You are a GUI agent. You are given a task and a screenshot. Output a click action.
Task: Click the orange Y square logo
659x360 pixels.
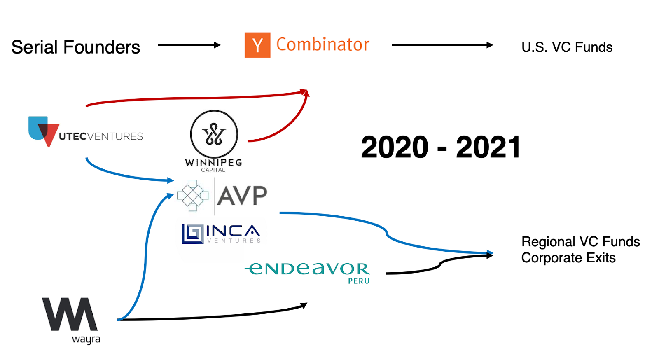[257, 45]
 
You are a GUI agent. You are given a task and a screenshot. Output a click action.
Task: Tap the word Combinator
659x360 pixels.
[323, 44]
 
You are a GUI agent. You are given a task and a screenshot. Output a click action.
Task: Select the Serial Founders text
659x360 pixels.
[76, 47]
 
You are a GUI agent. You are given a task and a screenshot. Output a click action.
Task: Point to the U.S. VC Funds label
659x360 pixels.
[567, 47]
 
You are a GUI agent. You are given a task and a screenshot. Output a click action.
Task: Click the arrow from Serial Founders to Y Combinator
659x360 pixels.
[189, 45]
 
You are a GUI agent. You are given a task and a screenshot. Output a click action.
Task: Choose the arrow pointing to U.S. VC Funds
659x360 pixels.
[442, 45]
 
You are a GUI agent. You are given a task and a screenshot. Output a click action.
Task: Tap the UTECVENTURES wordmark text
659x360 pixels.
[101, 136]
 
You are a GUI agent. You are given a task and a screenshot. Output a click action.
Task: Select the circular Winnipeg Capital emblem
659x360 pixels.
[214, 134]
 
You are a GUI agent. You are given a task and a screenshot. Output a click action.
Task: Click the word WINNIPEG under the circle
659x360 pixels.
[214, 162]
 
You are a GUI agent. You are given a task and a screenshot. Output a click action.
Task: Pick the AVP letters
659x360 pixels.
[242, 196]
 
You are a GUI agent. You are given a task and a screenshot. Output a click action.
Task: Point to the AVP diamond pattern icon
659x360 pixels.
[193, 195]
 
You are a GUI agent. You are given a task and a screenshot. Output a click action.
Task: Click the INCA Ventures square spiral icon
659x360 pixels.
[193, 234]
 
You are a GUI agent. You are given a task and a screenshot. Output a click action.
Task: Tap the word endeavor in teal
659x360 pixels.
[307, 269]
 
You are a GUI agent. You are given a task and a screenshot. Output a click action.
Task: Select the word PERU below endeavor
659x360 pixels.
[359, 281]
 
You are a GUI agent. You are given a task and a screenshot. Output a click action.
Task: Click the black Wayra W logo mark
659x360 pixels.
[70, 314]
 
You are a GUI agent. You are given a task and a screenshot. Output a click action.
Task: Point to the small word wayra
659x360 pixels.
[86, 339]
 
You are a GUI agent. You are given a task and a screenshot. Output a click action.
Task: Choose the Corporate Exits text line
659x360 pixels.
[568, 258]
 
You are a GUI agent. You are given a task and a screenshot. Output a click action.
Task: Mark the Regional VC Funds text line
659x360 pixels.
[581, 242]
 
